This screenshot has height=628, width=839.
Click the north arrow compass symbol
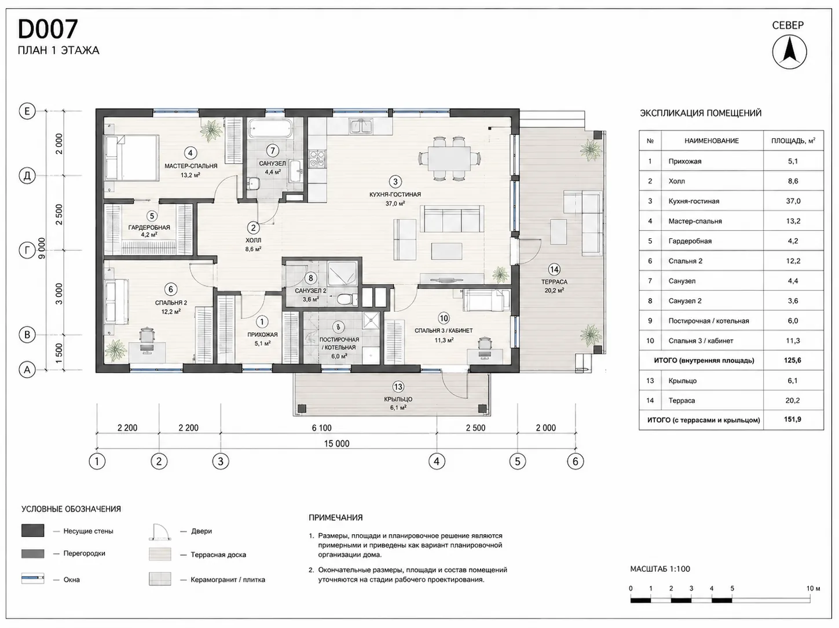pos(789,52)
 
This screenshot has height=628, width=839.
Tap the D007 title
pos(48,29)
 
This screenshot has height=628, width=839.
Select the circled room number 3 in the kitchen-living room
pos(395,181)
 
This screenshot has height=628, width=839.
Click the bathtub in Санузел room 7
pos(270,128)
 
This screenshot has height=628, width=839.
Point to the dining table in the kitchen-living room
pos(449,159)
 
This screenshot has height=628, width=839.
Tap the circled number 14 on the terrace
pos(554,270)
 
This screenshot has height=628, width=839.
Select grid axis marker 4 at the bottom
pos(437,461)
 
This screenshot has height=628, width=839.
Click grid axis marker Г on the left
pos(27,251)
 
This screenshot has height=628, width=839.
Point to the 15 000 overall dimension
pos(337,443)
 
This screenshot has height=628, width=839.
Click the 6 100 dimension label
pos(322,428)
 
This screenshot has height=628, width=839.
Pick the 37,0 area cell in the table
pos(793,201)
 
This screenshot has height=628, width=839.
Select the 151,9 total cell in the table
pos(793,419)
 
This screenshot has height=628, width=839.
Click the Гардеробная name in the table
pos(690,241)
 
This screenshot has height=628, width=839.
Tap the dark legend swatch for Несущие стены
pos(33,530)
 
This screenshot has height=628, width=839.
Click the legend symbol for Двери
pos(159,532)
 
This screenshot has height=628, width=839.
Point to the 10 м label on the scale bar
pos(814,588)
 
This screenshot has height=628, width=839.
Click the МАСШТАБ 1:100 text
pos(660,569)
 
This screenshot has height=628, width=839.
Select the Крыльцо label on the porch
pos(398,399)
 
